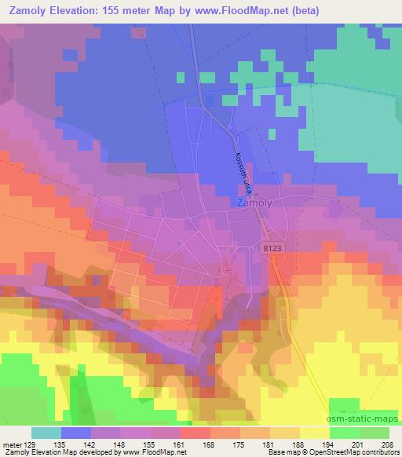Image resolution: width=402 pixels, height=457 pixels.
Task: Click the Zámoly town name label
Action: pos(254,202)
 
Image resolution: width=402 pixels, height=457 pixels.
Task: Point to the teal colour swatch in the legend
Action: pos(46,432)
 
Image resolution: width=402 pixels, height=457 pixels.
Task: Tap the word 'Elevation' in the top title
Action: pos(90,10)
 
